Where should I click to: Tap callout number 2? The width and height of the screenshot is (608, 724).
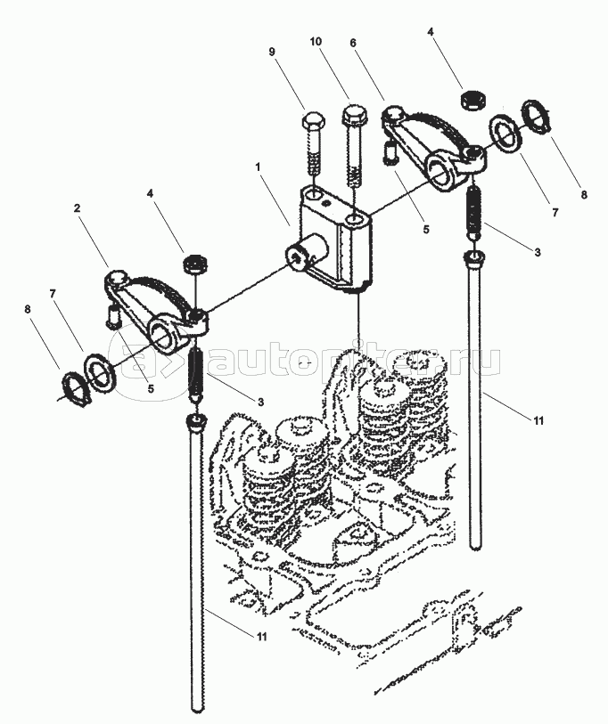pos(78,208)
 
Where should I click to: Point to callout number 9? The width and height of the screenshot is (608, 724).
pos(274,52)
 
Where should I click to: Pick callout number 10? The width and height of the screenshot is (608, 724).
pos(316,42)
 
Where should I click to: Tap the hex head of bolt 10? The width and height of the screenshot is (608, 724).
pos(353,116)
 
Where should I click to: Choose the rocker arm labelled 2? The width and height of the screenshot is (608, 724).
pos(156,307)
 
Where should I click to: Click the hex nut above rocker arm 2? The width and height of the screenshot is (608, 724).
pos(192,264)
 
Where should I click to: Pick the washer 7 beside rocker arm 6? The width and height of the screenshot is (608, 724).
pos(508,134)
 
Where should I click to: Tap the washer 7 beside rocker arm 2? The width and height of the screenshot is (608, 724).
pos(100,370)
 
